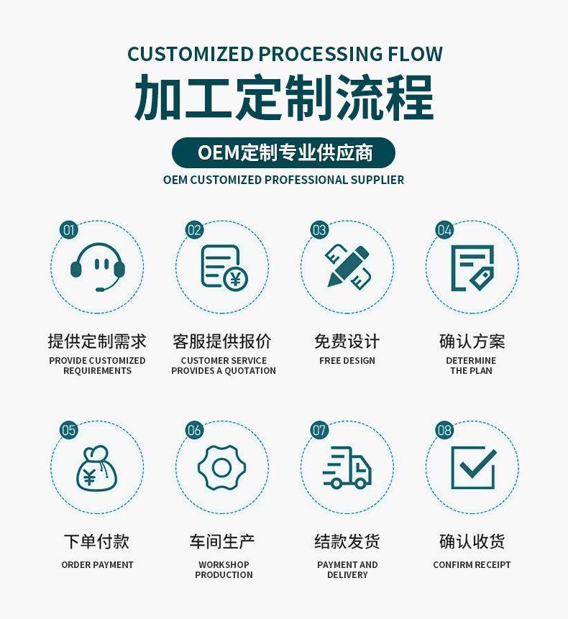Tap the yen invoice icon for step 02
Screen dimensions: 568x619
(224, 267)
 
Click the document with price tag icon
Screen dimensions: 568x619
(472, 268)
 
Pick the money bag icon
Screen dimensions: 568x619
(97, 469)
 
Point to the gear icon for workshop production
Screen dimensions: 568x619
(222, 468)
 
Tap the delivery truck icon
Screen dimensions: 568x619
(347, 467)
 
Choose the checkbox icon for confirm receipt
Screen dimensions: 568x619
(473, 468)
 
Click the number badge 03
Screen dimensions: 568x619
(319, 230)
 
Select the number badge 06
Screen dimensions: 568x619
(194, 431)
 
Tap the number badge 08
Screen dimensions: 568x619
(444, 431)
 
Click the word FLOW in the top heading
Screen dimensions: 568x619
(415, 54)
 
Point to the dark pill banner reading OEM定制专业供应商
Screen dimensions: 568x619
(283, 153)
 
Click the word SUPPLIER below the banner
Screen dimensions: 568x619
(377, 180)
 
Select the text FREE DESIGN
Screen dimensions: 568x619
(347, 360)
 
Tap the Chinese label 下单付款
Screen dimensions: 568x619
(97, 541)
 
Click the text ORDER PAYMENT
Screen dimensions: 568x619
(97, 565)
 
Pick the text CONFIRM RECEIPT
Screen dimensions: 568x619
(472, 565)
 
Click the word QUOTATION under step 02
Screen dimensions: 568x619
(250, 371)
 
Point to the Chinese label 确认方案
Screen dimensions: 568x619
(472, 341)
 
